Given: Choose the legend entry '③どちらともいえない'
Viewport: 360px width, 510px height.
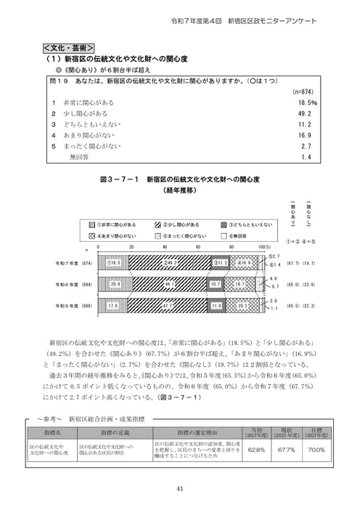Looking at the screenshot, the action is pos(243,227).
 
